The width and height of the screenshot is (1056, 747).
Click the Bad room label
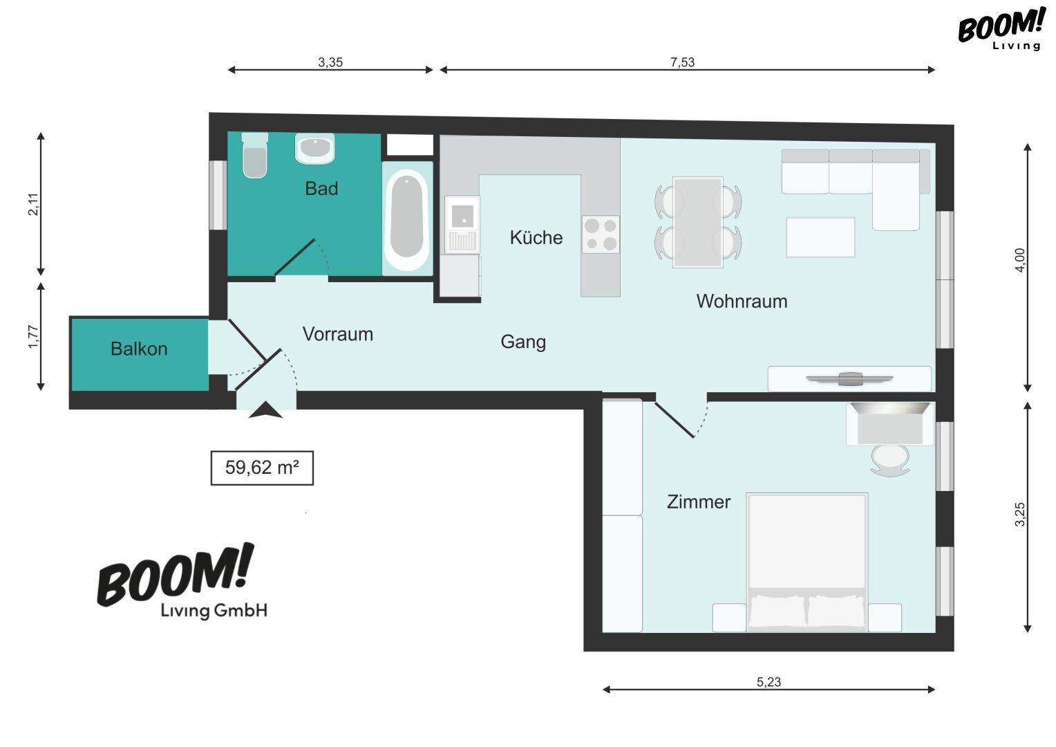click(321, 189)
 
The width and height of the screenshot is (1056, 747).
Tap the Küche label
click(536, 237)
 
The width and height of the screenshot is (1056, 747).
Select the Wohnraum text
click(742, 301)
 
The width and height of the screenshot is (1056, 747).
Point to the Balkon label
click(139, 349)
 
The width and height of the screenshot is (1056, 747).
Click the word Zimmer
click(699, 501)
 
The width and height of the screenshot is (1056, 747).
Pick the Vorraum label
click(337, 334)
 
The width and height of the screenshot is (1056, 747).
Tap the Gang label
click(523, 342)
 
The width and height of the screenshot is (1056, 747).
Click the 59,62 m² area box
click(262, 468)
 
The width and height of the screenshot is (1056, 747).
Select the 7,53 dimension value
click(683, 62)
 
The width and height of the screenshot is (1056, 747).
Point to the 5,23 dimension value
click(769, 682)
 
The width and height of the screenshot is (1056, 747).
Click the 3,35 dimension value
click(330, 62)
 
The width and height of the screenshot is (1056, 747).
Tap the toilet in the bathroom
click(254, 155)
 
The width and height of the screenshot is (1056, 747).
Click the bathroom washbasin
click(315, 148)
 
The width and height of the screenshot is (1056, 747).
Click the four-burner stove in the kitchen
click(601, 234)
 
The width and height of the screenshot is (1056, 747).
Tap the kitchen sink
click(462, 225)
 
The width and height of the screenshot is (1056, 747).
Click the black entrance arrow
click(265, 409)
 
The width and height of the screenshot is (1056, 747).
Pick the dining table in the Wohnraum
click(698, 222)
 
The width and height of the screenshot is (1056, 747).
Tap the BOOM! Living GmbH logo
click(182, 582)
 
